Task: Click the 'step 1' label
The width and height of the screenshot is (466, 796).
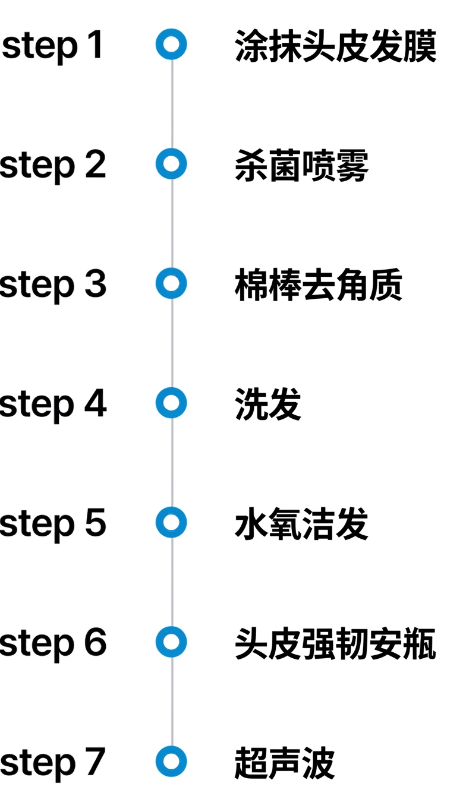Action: [52, 46]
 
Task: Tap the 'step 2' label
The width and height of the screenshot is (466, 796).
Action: [53, 166]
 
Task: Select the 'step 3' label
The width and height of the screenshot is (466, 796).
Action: [53, 285]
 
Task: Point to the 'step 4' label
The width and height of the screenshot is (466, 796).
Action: [53, 405]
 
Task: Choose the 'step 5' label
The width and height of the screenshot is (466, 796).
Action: [53, 525]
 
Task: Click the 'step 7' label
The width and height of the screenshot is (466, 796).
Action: [52, 764]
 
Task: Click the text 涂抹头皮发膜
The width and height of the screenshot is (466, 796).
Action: [336, 46]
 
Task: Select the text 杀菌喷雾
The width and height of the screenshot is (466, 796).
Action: [301, 166]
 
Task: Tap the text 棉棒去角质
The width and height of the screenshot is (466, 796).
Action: [319, 285]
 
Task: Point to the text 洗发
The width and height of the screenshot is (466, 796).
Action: [268, 405]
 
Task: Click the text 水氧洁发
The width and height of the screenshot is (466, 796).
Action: [301, 524]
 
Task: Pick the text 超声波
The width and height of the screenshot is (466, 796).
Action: [285, 763]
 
